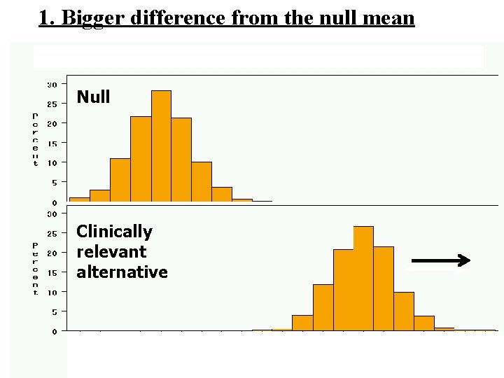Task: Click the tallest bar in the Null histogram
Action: (x=161, y=147)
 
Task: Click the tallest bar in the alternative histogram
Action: (x=363, y=280)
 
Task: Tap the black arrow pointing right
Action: (x=439, y=261)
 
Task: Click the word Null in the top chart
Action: (x=93, y=97)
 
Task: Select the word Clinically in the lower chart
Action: (x=114, y=232)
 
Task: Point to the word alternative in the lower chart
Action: (x=122, y=272)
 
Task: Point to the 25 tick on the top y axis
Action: (x=52, y=104)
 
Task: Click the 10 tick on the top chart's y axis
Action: (x=52, y=162)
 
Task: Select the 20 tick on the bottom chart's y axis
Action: (x=52, y=253)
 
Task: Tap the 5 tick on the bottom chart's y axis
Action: (x=54, y=311)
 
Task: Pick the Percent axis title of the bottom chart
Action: (x=35, y=269)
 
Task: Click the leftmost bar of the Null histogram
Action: (x=79, y=199)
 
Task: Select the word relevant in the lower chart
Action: (x=111, y=252)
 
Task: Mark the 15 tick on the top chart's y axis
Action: (x=52, y=143)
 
